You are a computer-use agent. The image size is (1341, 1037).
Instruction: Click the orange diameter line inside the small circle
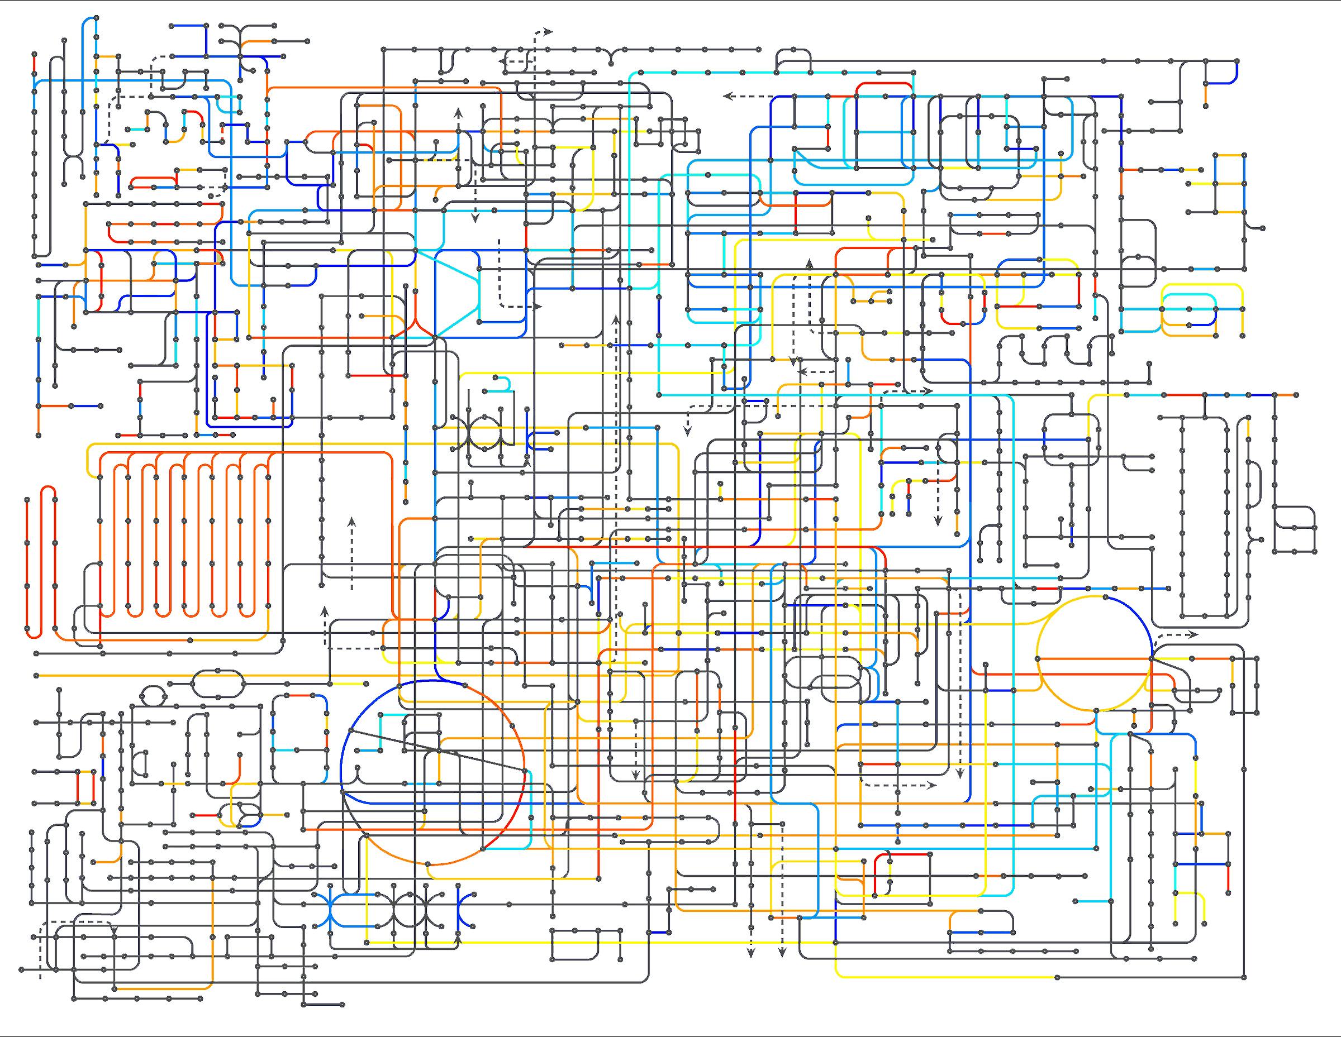[1093, 658]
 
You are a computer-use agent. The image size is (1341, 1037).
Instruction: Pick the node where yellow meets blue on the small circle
[1106, 597]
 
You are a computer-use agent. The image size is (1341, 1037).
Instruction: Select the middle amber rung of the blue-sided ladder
[1230, 183]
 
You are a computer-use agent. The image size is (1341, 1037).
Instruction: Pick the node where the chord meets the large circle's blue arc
[350, 730]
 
